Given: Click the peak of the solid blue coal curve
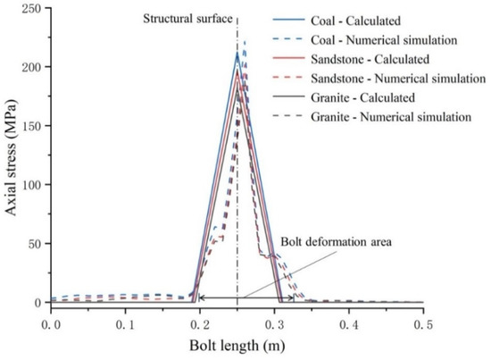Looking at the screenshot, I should click(237, 52).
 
